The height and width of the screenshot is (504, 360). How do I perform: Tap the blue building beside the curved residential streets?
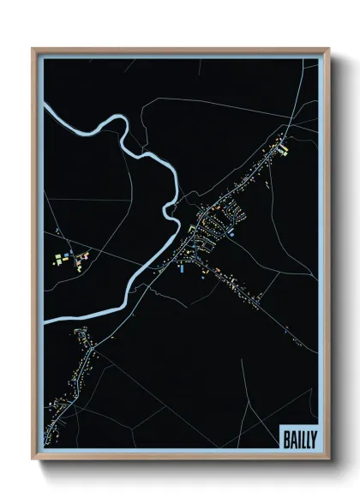coord(231,230)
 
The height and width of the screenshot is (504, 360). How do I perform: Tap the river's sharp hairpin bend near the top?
coord(127,129)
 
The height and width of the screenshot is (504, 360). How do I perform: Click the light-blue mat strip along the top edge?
coord(180,55)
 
